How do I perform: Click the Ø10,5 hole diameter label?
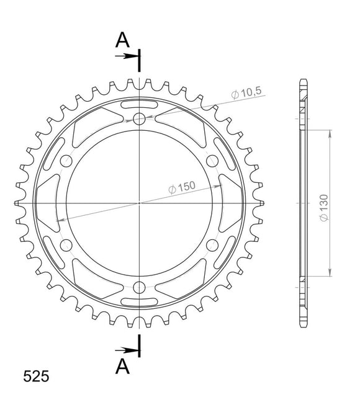tap(247, 93)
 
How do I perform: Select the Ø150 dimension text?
tap(182, 186)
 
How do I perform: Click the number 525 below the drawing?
tap(36, 376)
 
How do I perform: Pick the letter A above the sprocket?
tap(123, 40)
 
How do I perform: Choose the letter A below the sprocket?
tap(123, 367)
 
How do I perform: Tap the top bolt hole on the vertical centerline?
tap(139, 118)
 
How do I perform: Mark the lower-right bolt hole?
tap(212, 244)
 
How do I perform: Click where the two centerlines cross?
tap(139, 203)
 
